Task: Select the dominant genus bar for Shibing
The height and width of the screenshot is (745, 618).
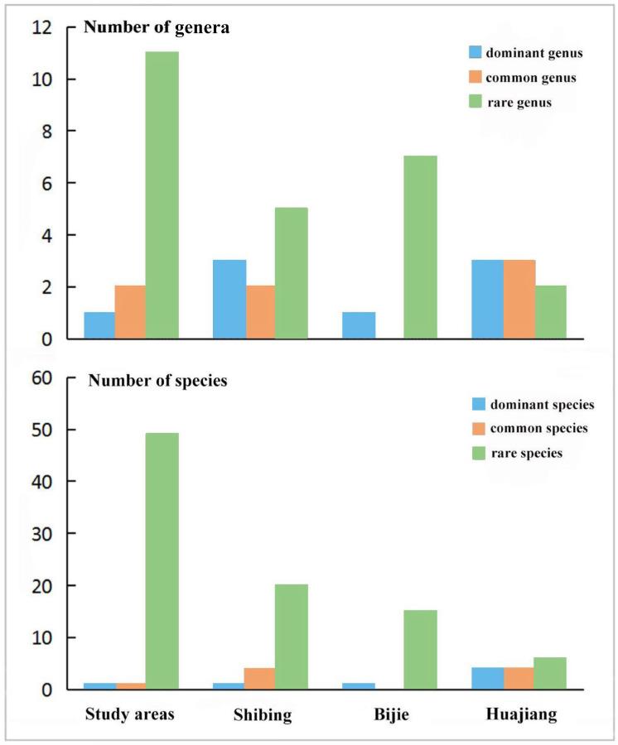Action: (x=229, y=299)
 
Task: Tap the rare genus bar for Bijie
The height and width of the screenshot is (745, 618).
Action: (x=421, y=247)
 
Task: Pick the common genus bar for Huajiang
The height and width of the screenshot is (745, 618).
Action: (x=519, y=299)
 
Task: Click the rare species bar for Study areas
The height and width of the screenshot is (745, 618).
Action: (x=162, y=561)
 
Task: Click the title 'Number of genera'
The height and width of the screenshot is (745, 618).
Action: (x=157, y=27)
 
